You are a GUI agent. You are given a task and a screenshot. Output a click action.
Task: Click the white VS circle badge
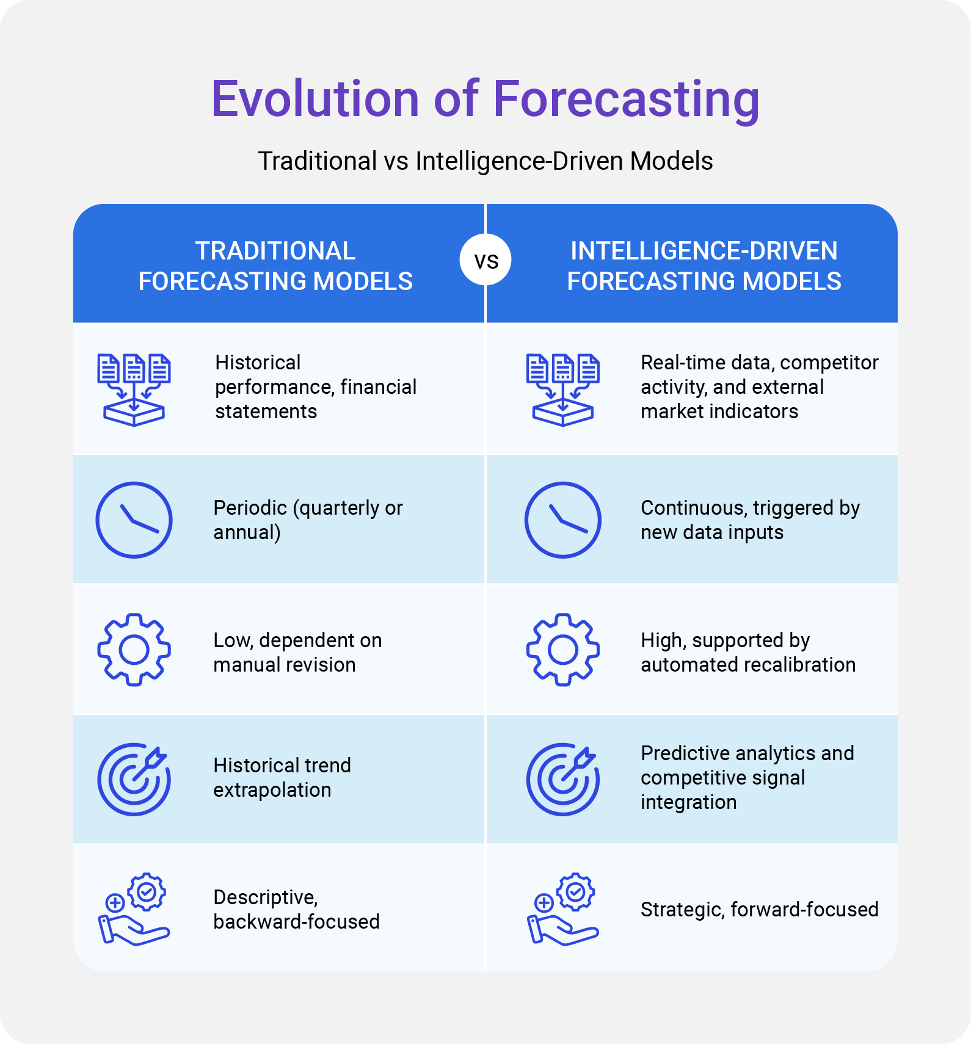tap(485, 259)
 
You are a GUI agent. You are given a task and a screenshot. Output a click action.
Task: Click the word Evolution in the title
tap(315, 98)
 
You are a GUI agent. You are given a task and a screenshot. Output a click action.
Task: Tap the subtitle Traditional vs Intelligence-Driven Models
tap(485, 161)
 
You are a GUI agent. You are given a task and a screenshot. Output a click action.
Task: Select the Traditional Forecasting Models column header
tap(275, 266)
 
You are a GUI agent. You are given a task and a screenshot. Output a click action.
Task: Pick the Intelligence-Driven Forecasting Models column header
tap(704, 266)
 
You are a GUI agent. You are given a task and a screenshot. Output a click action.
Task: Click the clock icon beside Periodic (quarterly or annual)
tap(134, 520)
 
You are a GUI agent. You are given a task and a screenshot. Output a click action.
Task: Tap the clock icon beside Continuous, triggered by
tap(563, 520)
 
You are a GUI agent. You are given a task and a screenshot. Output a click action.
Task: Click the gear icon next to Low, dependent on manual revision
tap(134, 650)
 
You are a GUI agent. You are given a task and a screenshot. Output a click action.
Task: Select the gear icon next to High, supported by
tap(563, 650)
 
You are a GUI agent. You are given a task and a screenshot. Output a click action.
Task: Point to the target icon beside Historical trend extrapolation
tap(134, 780)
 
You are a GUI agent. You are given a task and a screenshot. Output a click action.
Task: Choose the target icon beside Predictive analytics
tap(563, 780)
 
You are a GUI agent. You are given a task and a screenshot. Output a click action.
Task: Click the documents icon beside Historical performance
tap(134, 390)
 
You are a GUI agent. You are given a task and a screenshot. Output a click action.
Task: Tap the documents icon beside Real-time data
tap(563, 390)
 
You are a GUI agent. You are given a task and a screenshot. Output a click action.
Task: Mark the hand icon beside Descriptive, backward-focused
tap(134, 910)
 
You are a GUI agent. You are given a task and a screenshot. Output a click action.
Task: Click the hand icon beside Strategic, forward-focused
tap(563, 910)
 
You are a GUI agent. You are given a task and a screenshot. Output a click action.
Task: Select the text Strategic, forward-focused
tap(759, 910)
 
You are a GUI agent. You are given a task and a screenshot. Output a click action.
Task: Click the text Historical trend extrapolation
tap(282, 777)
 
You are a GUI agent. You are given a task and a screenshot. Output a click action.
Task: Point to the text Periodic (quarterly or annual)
tap(308, 520)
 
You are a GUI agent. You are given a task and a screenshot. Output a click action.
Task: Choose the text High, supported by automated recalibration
tap(748, 652)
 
